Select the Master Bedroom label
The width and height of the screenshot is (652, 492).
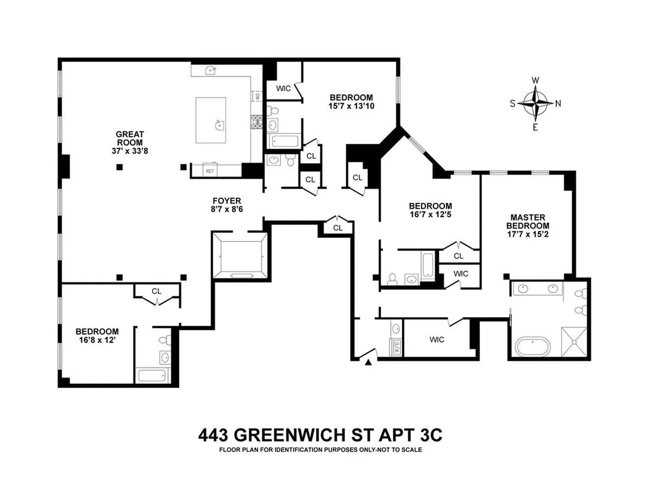tap(527, 221)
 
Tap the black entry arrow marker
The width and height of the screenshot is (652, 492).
tap(369, 362)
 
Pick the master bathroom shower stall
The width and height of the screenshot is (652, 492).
tap(575, 342)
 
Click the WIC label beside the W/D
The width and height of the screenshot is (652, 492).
tap(436, 340)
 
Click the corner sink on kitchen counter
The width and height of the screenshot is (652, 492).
tap(211, 70)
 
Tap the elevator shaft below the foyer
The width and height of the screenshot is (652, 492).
tap(240, 256)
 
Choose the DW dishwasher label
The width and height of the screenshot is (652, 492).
tap(257, 96)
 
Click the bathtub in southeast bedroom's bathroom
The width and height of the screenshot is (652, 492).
tap(154, 375)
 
